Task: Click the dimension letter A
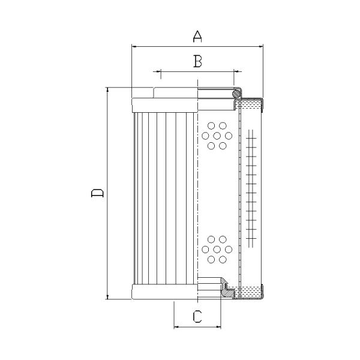[x=197, y=36]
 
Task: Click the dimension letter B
[x=197, y=61]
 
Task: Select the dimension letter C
[x=197, y=317]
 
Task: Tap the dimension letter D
[x=97, y=193]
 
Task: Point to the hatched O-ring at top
[x=237, y=93]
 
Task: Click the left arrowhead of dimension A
[x=134, y=46]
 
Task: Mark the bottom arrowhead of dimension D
[x=107, y=296]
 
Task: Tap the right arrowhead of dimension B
[x=234, y=72]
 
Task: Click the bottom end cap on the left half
[x=164, y=292]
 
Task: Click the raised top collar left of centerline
[x=175, y=93]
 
